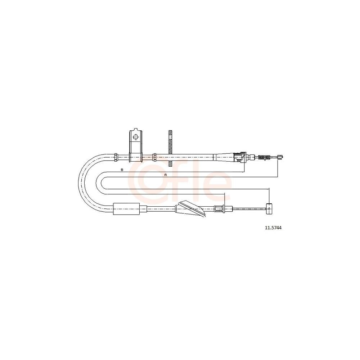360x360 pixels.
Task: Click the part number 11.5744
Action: tap(273, 228)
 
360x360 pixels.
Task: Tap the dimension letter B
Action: tap(122, 170)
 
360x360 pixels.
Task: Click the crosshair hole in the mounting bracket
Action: tap(136, 137)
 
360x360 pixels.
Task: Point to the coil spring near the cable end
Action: tap(264, 158)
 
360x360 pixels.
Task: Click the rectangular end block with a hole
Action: tap(269, 209)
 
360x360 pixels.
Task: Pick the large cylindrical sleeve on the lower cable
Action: tap(126, 209)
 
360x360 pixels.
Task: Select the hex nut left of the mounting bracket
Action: tap(116, 157)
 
